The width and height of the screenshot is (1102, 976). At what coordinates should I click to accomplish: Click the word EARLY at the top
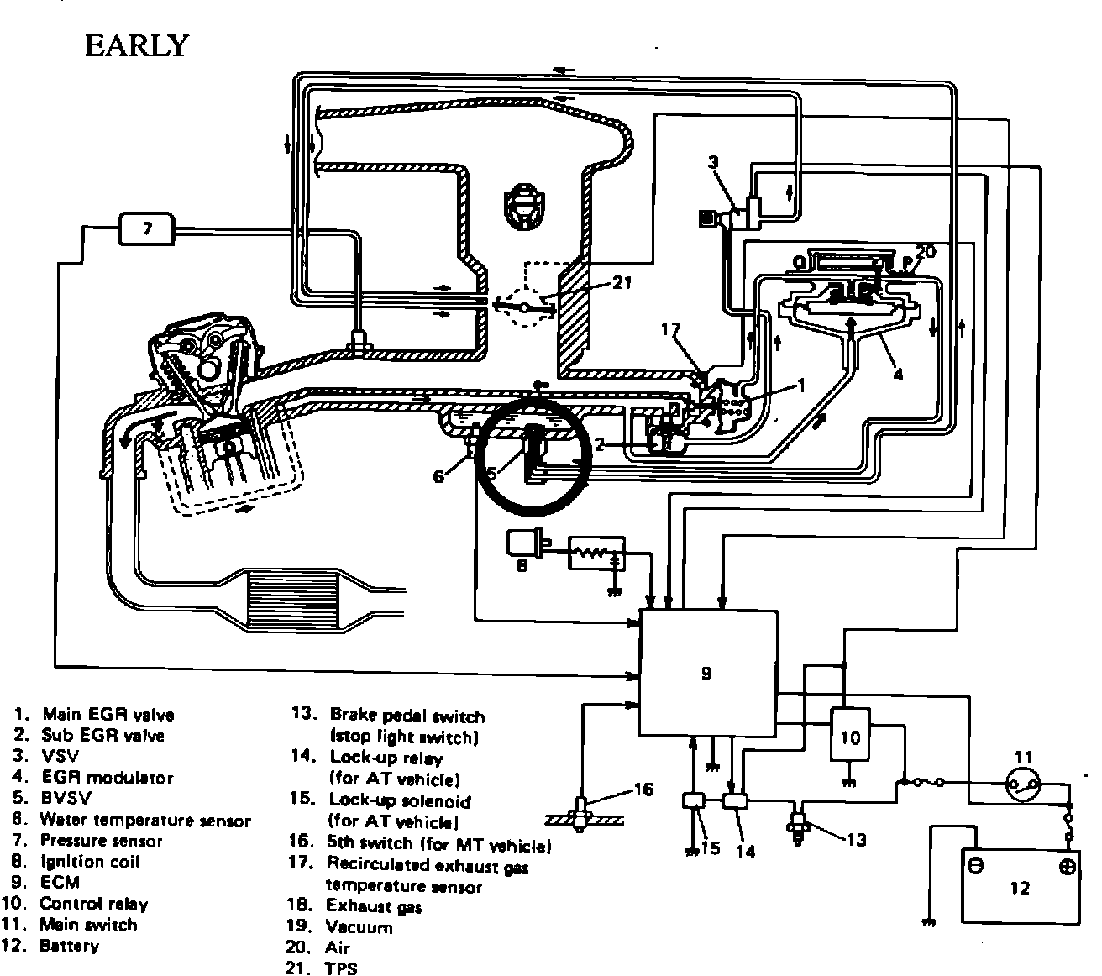tap(135, 45)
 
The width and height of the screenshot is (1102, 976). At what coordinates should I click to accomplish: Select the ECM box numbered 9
tap(706, 672)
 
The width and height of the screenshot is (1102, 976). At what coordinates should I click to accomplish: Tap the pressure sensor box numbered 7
tap(147, 228)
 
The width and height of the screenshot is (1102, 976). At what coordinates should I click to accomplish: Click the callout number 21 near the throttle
tap(621, 282)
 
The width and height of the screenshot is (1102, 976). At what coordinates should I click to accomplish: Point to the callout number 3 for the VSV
tap(714, 162)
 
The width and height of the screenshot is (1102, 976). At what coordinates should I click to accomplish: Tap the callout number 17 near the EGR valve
tap(669, 331)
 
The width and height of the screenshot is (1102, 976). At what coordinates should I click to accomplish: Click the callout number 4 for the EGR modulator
tap(897, 375)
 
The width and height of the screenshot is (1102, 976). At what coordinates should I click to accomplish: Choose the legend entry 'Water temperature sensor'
tap(145, 821)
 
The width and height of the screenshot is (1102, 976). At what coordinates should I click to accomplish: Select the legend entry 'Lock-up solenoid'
tap(400, 800)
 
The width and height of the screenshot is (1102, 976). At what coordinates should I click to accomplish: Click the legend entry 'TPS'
tap(341, 968)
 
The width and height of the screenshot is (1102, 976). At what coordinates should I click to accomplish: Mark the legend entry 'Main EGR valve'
tap(108, 715)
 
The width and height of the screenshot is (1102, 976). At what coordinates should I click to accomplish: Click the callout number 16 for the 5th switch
tap(643, 790)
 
